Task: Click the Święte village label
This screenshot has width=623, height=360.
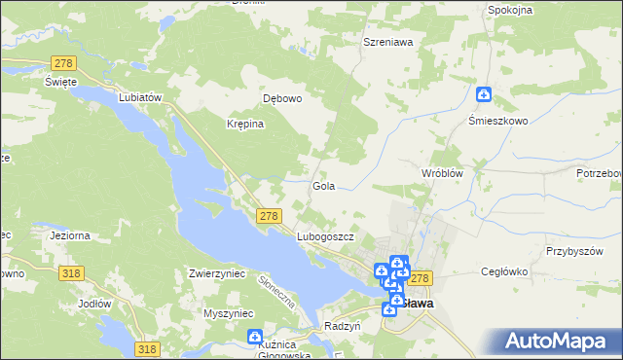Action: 60,82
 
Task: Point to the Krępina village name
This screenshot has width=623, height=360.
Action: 245,125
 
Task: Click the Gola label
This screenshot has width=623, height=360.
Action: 323,185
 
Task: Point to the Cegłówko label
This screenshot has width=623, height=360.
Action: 504,273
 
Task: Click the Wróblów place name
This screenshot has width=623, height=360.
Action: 440,172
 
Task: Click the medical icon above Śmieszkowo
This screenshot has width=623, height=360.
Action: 484,94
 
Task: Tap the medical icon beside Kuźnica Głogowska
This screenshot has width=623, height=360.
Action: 255,339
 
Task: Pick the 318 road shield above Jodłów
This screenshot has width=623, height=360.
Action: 69,274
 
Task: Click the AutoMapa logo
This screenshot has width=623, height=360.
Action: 558,342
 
